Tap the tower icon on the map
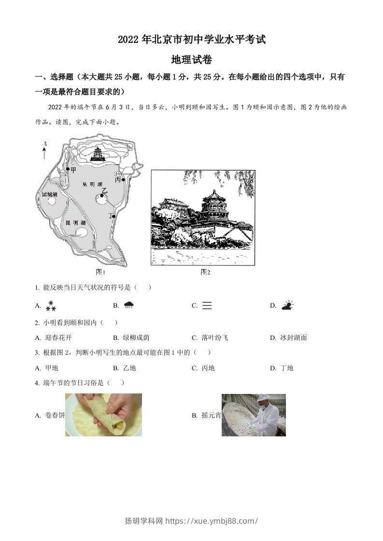click(98, 154)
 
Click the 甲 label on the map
click(73, 170)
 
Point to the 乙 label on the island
click(104, 191)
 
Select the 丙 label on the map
click(118, 179)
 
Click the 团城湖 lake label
click(50, 194)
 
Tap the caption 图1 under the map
click(100, 272)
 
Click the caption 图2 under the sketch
click(205, 272)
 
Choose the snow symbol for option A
click(51, 305)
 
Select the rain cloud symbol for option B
click(129, 305)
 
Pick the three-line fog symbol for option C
click(207, 305)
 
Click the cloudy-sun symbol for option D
click(287, 305)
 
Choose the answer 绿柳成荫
click(134, 338)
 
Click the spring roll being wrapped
click(109, 414)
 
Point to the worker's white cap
click(263, 398)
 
